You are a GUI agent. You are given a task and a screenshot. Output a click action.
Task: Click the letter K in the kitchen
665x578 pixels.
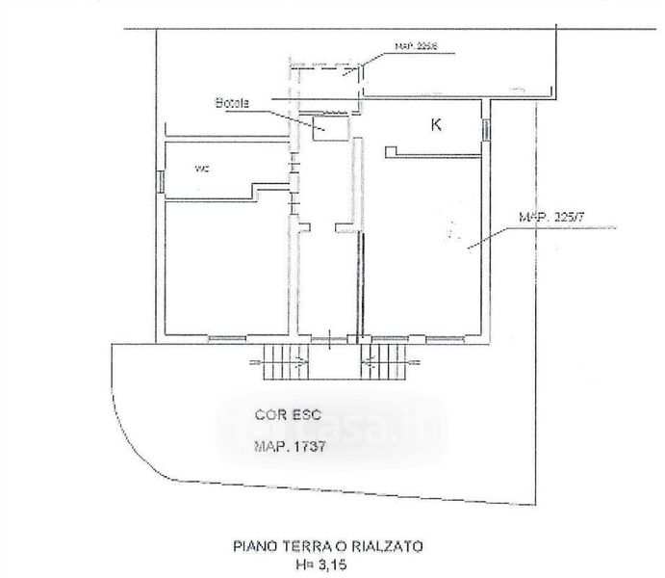[436, 124]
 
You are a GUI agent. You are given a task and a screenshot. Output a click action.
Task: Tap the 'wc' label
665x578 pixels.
[202, 170]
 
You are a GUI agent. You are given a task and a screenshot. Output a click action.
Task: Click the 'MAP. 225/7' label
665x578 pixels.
[552, 219]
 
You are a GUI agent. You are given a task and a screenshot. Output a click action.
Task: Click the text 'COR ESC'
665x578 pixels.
[283, 416]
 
